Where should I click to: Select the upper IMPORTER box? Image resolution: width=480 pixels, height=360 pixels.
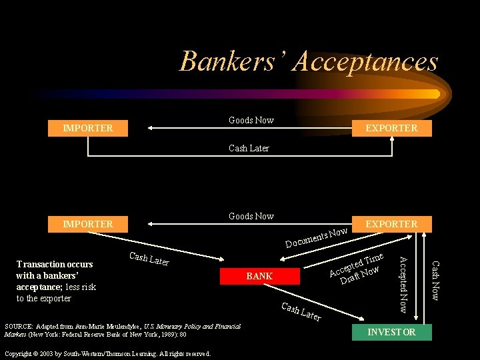(x=87, y=128)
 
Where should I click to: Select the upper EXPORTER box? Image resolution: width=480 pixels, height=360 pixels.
(x=392, y=128)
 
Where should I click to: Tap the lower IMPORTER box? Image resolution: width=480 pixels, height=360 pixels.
(x=87, y=224)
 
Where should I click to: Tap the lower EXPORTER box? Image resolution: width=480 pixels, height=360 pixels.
(x=392, y=224)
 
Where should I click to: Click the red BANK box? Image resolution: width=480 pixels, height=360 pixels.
(x=259, y=275)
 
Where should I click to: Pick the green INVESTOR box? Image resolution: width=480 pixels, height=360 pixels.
(x=391, y=332)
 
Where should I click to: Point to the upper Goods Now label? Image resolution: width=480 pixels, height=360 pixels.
(x=251, y=120)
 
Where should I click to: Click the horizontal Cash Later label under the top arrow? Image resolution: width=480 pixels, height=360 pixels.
(x=249, y=148)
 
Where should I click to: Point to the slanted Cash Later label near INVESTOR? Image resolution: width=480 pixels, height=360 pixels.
(x=301, y=312)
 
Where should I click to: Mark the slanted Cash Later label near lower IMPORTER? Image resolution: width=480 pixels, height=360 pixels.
(x=149, y=259)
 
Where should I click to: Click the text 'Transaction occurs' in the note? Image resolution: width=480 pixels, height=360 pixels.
(x=55, y=265)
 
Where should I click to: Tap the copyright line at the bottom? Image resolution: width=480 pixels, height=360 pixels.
(x=107, y=353)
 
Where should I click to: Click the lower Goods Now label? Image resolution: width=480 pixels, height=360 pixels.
(x=251, y=216)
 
